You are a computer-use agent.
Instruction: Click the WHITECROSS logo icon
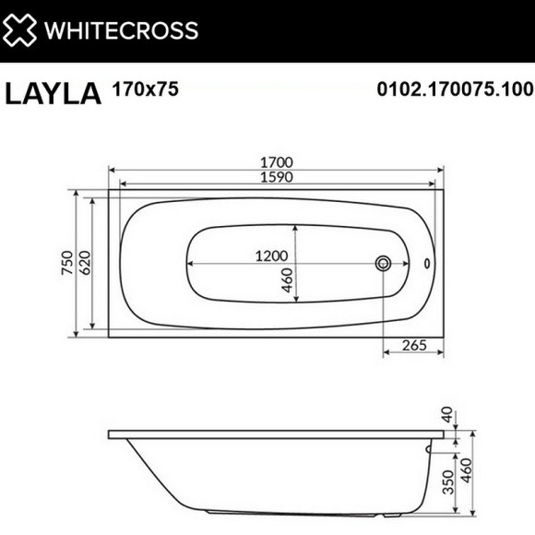click(x=19, y=30)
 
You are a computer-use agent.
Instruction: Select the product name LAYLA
click(x=53, y=93)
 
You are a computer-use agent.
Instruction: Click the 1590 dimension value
click(x=276, y=180)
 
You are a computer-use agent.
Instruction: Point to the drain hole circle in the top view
click(x=383, y=264)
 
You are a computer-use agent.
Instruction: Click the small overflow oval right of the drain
click(x=426, y=264)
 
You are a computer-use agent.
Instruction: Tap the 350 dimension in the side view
click(x=448, y=483)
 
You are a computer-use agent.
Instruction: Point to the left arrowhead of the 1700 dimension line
click(x=113, y=171)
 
